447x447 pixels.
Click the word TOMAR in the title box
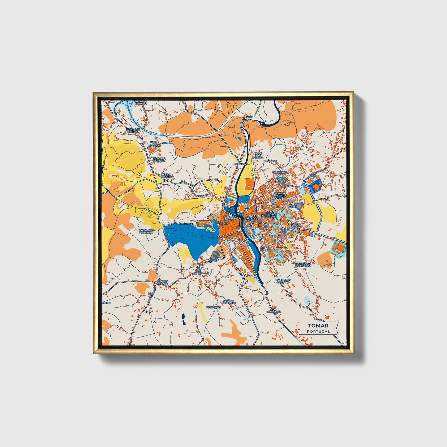pos(318,326)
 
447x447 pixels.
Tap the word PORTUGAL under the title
pos(318,331)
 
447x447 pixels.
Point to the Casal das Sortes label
pos(133,130)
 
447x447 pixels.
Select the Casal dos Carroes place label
pos(154,144)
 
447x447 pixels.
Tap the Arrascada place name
pos(242,164)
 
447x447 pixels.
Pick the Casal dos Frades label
pos(258,155)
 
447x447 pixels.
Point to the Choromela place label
pos(281,172)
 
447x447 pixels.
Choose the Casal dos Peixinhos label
pos(146,231)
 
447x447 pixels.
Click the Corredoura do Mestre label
pos(303,265)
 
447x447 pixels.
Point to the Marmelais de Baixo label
pos(282,281)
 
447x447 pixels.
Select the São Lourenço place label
pos(273,310)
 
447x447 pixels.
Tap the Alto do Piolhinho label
pos(229,302)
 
